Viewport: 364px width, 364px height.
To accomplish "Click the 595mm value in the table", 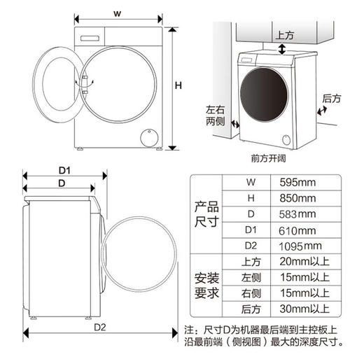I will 297,183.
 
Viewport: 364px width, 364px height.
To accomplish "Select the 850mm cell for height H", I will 297,198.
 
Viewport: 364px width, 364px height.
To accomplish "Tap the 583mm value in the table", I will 297,213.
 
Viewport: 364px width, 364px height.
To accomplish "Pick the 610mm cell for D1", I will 297,230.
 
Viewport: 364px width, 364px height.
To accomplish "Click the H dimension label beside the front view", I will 178,85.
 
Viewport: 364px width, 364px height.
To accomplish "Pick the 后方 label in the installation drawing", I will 332,99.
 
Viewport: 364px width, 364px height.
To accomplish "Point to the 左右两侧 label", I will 216,115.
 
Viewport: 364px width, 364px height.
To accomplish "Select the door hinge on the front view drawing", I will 85,82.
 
